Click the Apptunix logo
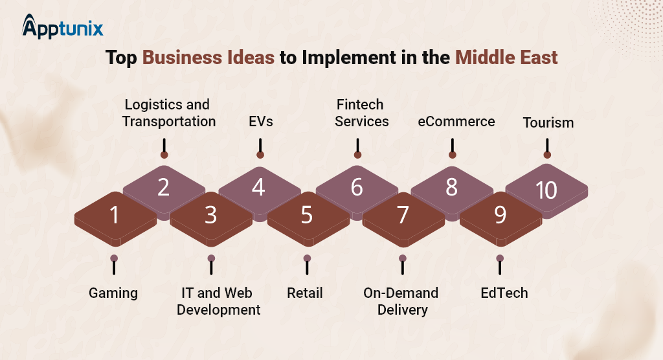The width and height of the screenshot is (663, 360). tap(63, 27)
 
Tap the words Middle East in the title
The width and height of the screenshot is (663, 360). tap(506, 58)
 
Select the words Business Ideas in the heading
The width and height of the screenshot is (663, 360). tap(208, 58)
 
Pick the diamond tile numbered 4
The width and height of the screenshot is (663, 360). tap(260, 191)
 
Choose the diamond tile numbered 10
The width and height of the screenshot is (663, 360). tap(546, 191)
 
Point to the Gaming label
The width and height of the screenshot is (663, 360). tap(113, 293)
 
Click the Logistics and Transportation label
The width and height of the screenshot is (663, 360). tap(169, 113)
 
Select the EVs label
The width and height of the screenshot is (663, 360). tap(260, 122)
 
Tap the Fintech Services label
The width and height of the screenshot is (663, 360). tap(361, 113)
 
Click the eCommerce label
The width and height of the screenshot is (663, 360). tap(456, 122)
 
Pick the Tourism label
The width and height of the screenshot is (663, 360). tap(548, 122)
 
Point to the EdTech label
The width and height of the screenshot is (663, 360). tap(504, 293)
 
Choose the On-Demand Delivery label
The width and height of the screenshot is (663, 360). tap(401, 301)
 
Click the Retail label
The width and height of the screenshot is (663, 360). tap(305, 293)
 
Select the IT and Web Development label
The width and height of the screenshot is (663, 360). tap(218, 301)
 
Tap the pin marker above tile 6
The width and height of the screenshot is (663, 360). tap(357, 148)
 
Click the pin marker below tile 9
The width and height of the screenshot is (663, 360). tap(500, 265)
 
